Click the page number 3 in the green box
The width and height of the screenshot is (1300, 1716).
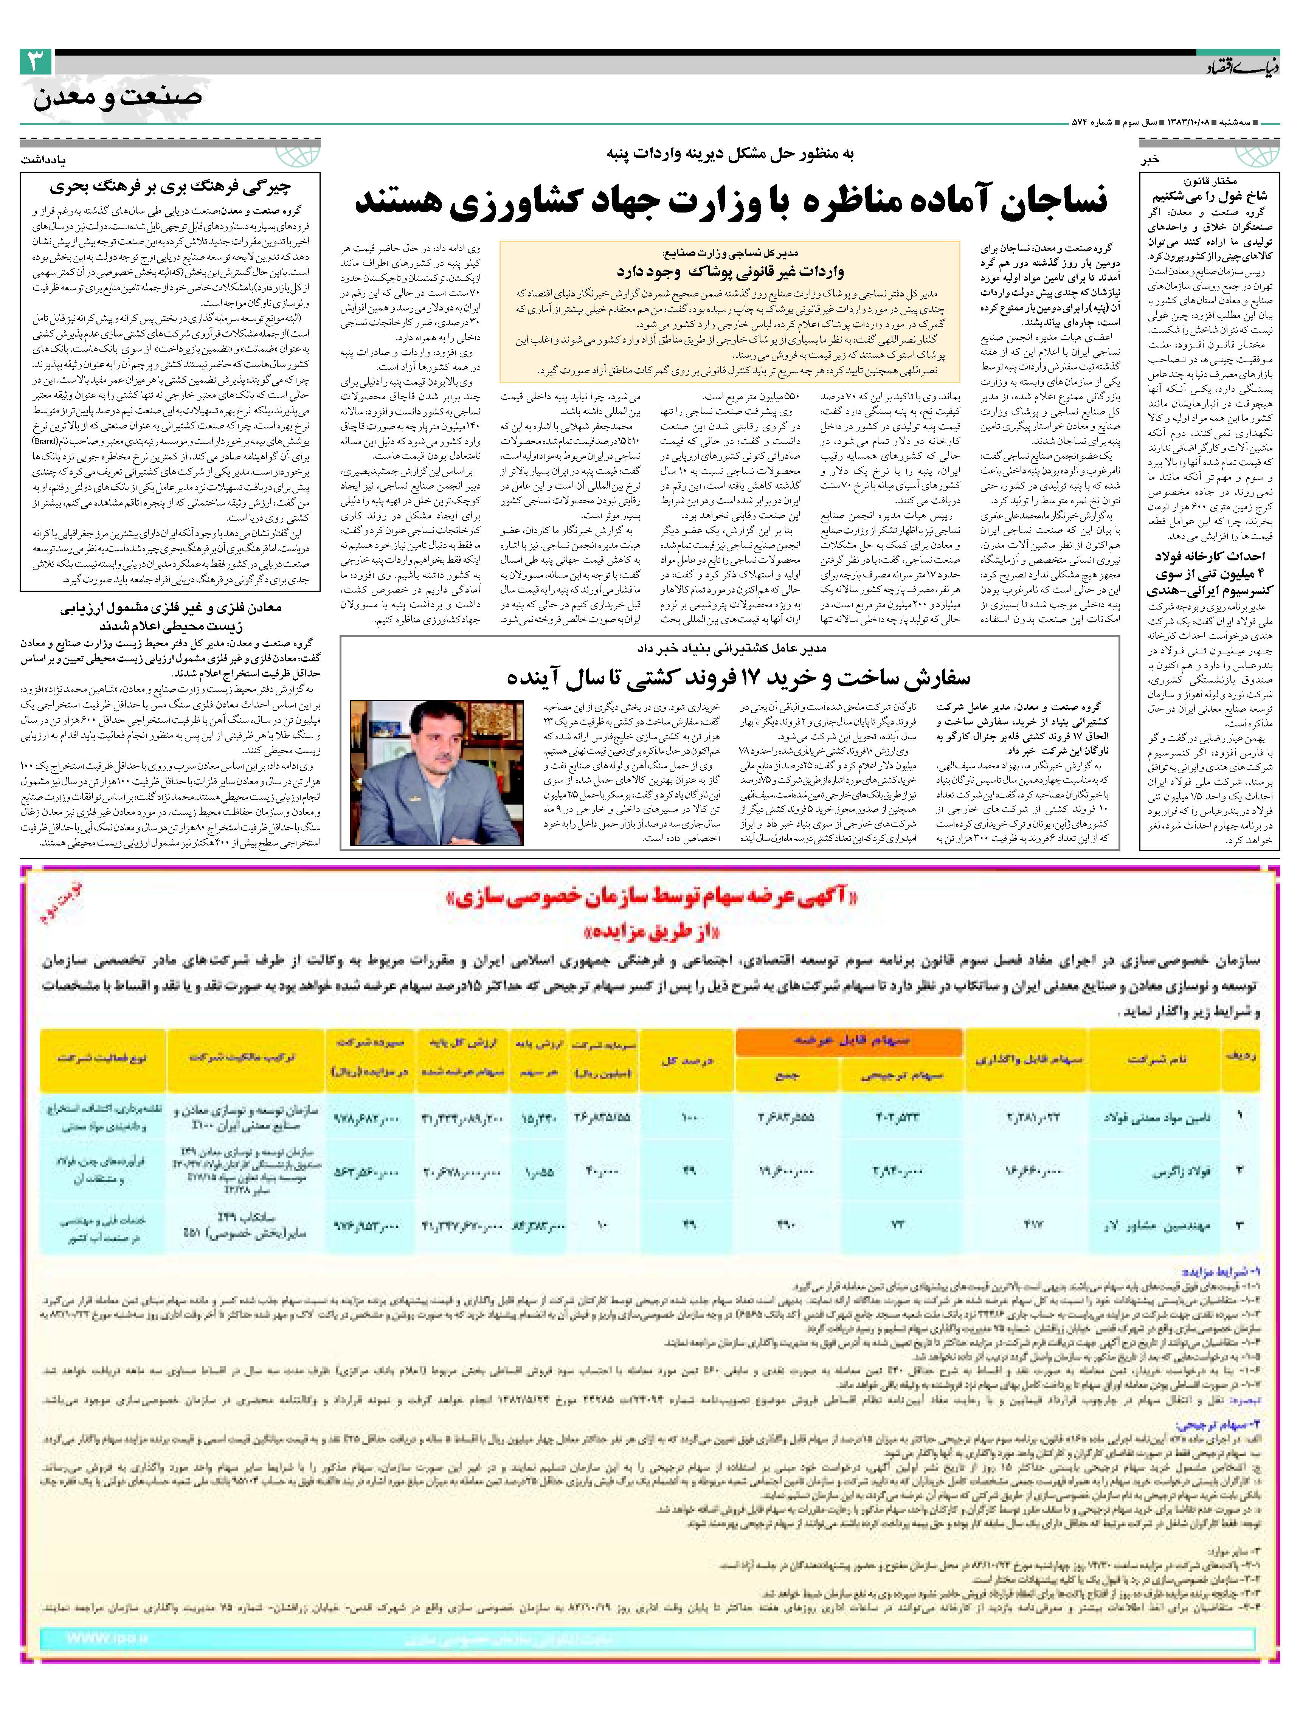point(36,62)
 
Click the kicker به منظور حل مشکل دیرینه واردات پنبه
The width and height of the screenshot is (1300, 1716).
point(729,154)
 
